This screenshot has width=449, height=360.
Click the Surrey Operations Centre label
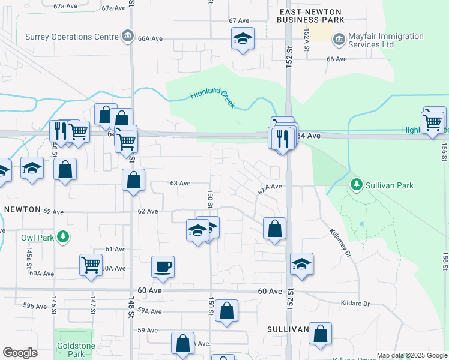71,37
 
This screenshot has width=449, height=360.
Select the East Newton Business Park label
310,16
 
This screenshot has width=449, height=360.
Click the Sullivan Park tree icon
357,185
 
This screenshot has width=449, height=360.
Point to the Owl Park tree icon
62,237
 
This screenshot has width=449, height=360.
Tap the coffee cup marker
163,266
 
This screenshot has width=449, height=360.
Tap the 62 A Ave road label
270,187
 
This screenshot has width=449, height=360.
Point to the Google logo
20,353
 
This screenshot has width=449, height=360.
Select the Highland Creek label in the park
213,99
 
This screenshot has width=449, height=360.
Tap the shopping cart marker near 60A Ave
91,264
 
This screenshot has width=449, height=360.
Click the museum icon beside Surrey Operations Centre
127,37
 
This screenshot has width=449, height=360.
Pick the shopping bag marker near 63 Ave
133,179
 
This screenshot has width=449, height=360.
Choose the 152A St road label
307,40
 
